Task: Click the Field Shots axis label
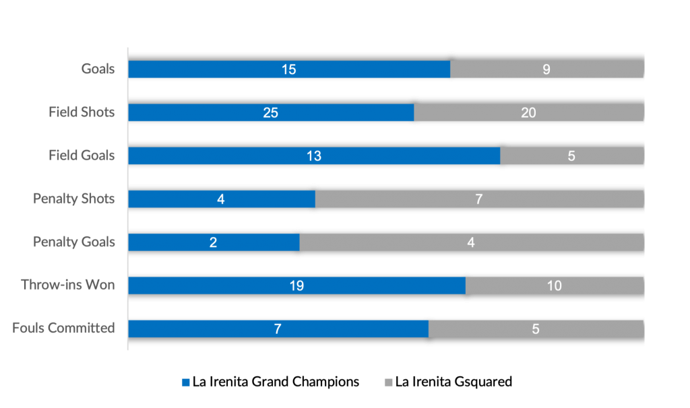(x=82, y=112)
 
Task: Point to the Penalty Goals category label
(x=74, y=242)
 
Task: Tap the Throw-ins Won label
(x=68, y=285)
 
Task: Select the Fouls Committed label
(x=63, y=329)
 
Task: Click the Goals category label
(x=98, y=69)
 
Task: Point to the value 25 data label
(x=271, y=112)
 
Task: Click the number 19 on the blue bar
(x=296, y=285)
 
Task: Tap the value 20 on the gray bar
(x=528, y=112)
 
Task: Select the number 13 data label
(x=314, y=156)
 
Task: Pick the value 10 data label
(x=555, y=285)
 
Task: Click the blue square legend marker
(x=186, y=382)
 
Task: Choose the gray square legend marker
(x=389, y=382)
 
